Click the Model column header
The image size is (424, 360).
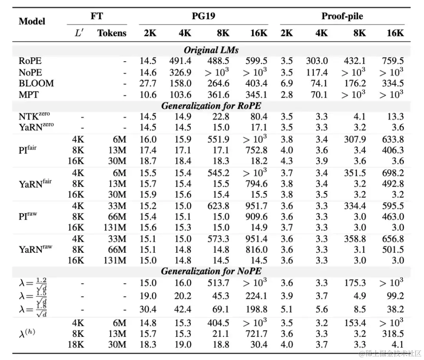(x=32, y=21)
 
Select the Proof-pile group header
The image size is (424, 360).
(x=342, y=16)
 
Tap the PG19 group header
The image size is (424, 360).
(x=203, y=16)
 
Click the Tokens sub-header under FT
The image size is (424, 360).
(x=111, y=33)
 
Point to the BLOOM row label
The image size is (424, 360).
(x=36, y=83)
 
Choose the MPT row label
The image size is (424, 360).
(x=29, y=95)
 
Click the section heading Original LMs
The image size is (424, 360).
(x=211, y=50)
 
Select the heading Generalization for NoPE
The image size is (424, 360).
(x=211, y=271)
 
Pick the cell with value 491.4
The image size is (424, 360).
(x=180, y=61)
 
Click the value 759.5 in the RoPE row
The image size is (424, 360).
(x=393, y=61)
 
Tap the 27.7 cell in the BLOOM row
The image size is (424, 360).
(x=148, y=83)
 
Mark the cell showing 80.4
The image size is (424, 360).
(x=259, y=117)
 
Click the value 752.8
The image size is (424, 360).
(x=256, y=150)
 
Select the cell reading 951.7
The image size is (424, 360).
(x=256, y=206)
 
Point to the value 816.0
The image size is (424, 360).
(x=256, y=249)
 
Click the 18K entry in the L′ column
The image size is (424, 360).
(x=76, y=345)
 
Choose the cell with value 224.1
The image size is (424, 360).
(x=256, y=296)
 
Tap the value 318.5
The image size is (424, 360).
(x=393, y=334)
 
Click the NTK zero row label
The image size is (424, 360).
(x=34, y=116)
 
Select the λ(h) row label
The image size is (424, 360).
(x=27, y=333)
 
